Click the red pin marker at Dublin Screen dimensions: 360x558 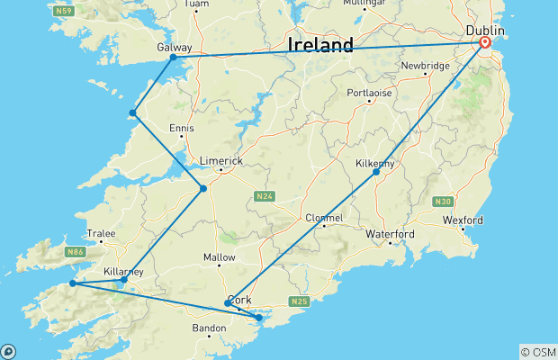485,42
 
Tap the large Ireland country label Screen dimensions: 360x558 319,45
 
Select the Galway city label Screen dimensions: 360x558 173,46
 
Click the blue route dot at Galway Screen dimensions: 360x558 173,58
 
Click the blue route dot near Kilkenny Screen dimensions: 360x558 376,172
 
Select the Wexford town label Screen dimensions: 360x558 463,220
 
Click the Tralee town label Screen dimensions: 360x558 101,233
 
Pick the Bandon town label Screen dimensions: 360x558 209,328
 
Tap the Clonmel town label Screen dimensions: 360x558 324,218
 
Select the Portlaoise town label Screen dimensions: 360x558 370,92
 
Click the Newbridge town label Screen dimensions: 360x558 424,66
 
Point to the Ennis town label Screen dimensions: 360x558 181,128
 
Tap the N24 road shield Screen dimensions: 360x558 264,196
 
